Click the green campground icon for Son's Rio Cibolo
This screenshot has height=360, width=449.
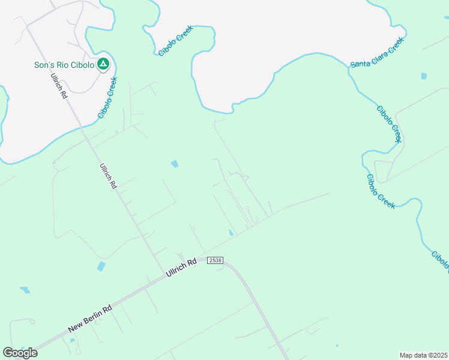103,64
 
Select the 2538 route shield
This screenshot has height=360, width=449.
215,260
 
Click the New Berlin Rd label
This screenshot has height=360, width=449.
90,319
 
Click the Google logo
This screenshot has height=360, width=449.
20,352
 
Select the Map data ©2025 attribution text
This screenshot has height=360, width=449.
424,355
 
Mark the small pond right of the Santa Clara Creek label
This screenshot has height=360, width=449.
424,76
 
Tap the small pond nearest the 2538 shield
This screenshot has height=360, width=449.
232,233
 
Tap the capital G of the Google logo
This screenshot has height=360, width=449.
8,352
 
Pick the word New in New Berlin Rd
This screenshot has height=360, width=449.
75,327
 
